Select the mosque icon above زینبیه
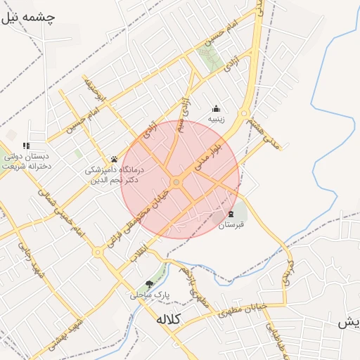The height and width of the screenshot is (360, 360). (216, 108)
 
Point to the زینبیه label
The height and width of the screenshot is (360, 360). (216, 120)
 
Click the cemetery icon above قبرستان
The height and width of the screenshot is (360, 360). (231, 214)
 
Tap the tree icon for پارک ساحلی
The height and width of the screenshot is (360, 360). (148, 283)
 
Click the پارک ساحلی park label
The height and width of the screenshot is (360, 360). (144, 295)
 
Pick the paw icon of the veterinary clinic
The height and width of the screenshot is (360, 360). (114, 159)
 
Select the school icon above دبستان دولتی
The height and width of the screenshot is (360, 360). (27, 146)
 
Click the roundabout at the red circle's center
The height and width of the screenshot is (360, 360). (176, 182)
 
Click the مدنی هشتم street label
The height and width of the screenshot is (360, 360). (263, 134)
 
